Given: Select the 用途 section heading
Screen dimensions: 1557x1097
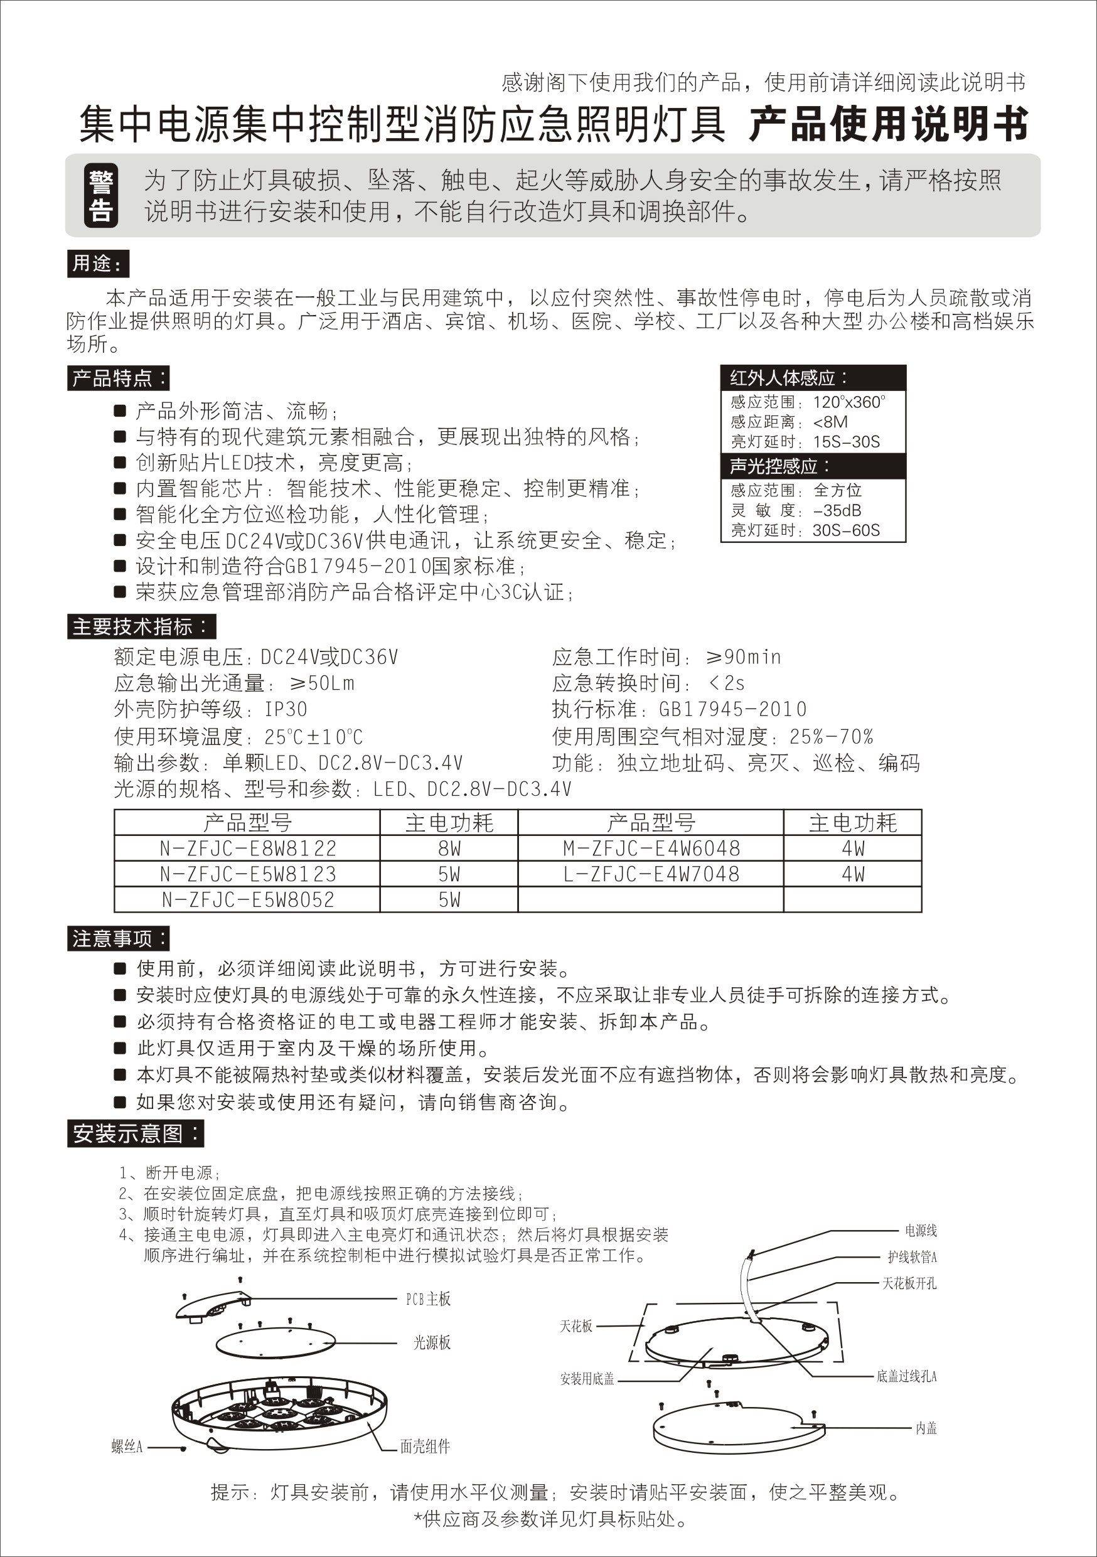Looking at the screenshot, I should [x=98, y=264].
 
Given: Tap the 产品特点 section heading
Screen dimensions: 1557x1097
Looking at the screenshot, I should [x=119, y=378].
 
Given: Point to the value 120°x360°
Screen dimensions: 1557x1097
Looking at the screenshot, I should [x=848, y=402].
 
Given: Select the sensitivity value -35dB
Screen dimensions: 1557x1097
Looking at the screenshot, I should [x=837, y=511].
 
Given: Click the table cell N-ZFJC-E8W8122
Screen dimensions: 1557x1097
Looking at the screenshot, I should [x=247, y=848].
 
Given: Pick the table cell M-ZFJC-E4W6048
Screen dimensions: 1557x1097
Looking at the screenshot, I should [x=651, y=848].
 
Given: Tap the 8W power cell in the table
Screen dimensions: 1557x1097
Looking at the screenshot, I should [x=449, y=848].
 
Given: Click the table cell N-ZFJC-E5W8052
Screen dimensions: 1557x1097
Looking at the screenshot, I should [x=247, y=900].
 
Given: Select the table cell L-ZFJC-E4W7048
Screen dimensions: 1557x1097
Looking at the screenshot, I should [x=651, y=874].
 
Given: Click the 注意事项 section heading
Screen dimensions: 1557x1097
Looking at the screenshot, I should [x=118, y=939].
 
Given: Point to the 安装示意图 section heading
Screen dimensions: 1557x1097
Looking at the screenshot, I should [x=135, y=1133].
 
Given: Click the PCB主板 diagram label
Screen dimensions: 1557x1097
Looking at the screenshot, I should [x=428, y=1298].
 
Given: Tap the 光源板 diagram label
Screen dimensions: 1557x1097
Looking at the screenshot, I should [x=432, y=1342].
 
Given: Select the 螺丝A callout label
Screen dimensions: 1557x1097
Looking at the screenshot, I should [x=127, y=1447].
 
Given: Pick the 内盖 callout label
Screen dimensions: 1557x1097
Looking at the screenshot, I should [x=926, y=1428].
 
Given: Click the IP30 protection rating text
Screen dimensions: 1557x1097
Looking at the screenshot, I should [x=286, y=709].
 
